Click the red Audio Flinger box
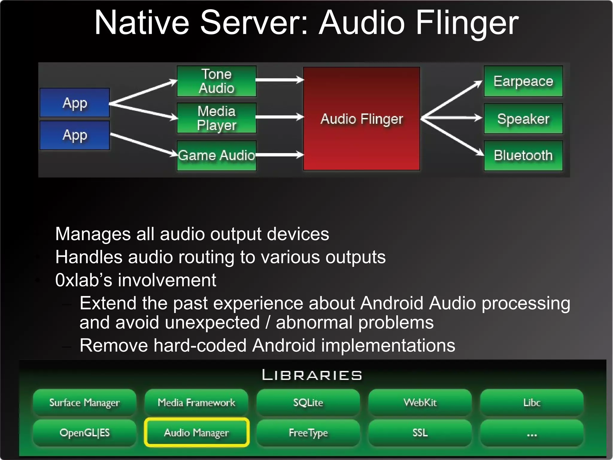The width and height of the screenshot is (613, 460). (x=362, y=119)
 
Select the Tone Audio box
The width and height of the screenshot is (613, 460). (x=216, y=81)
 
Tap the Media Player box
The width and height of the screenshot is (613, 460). (x=216, y=118)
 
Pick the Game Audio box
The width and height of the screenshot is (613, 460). (x=216, y=156)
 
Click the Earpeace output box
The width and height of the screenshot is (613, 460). (x=523, y=81)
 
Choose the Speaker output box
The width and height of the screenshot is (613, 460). (x=523, y=119)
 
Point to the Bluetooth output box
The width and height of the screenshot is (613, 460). (x=523, y=156)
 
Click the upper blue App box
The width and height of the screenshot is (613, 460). (x=75, y=103)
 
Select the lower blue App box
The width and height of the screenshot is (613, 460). (x=75, y=135)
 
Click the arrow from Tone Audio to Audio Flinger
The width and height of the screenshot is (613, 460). (x=280, y=80)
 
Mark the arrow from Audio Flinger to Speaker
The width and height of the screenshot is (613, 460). (x=452, y=118)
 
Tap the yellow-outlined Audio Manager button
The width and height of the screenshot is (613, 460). (x=197, y=432)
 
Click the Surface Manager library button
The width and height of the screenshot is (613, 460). (x=84, y=402)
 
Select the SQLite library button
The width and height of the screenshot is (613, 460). (x=308, y=402)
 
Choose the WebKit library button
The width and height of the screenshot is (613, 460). (x=420, y=402)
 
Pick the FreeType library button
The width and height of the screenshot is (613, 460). (x=308, y=432)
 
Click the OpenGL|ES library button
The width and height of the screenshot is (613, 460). (x=84, y=432)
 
